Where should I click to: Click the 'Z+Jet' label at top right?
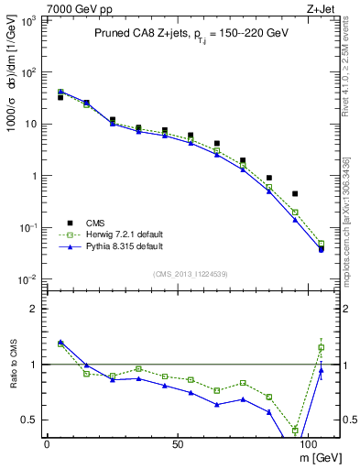coord(322,8)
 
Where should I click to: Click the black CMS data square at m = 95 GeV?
coord(295,194)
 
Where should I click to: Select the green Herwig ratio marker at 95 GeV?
coord(295,430)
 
